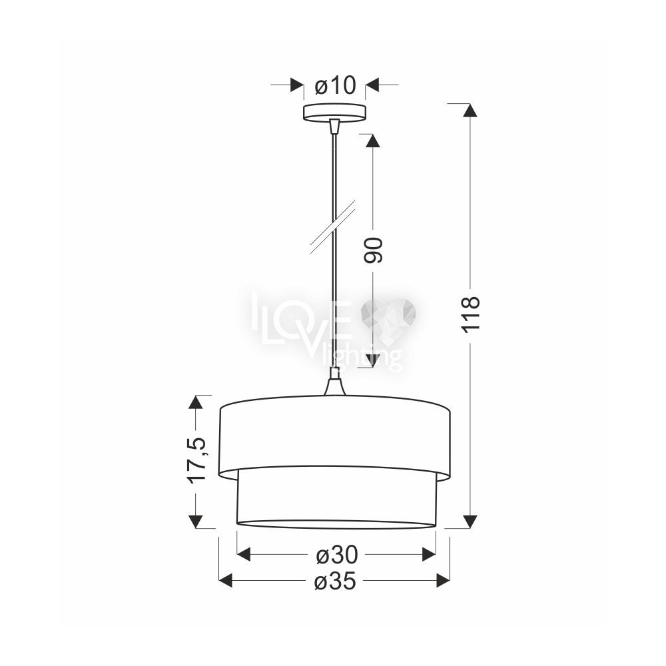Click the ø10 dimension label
[335, 86]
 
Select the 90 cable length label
[374, 250]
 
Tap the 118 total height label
[471, 314]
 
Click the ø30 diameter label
[337, 555]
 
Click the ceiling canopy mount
[334, 113]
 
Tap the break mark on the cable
[332, 227]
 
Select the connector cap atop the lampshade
[335, 383]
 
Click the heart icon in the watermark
[388, 316]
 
